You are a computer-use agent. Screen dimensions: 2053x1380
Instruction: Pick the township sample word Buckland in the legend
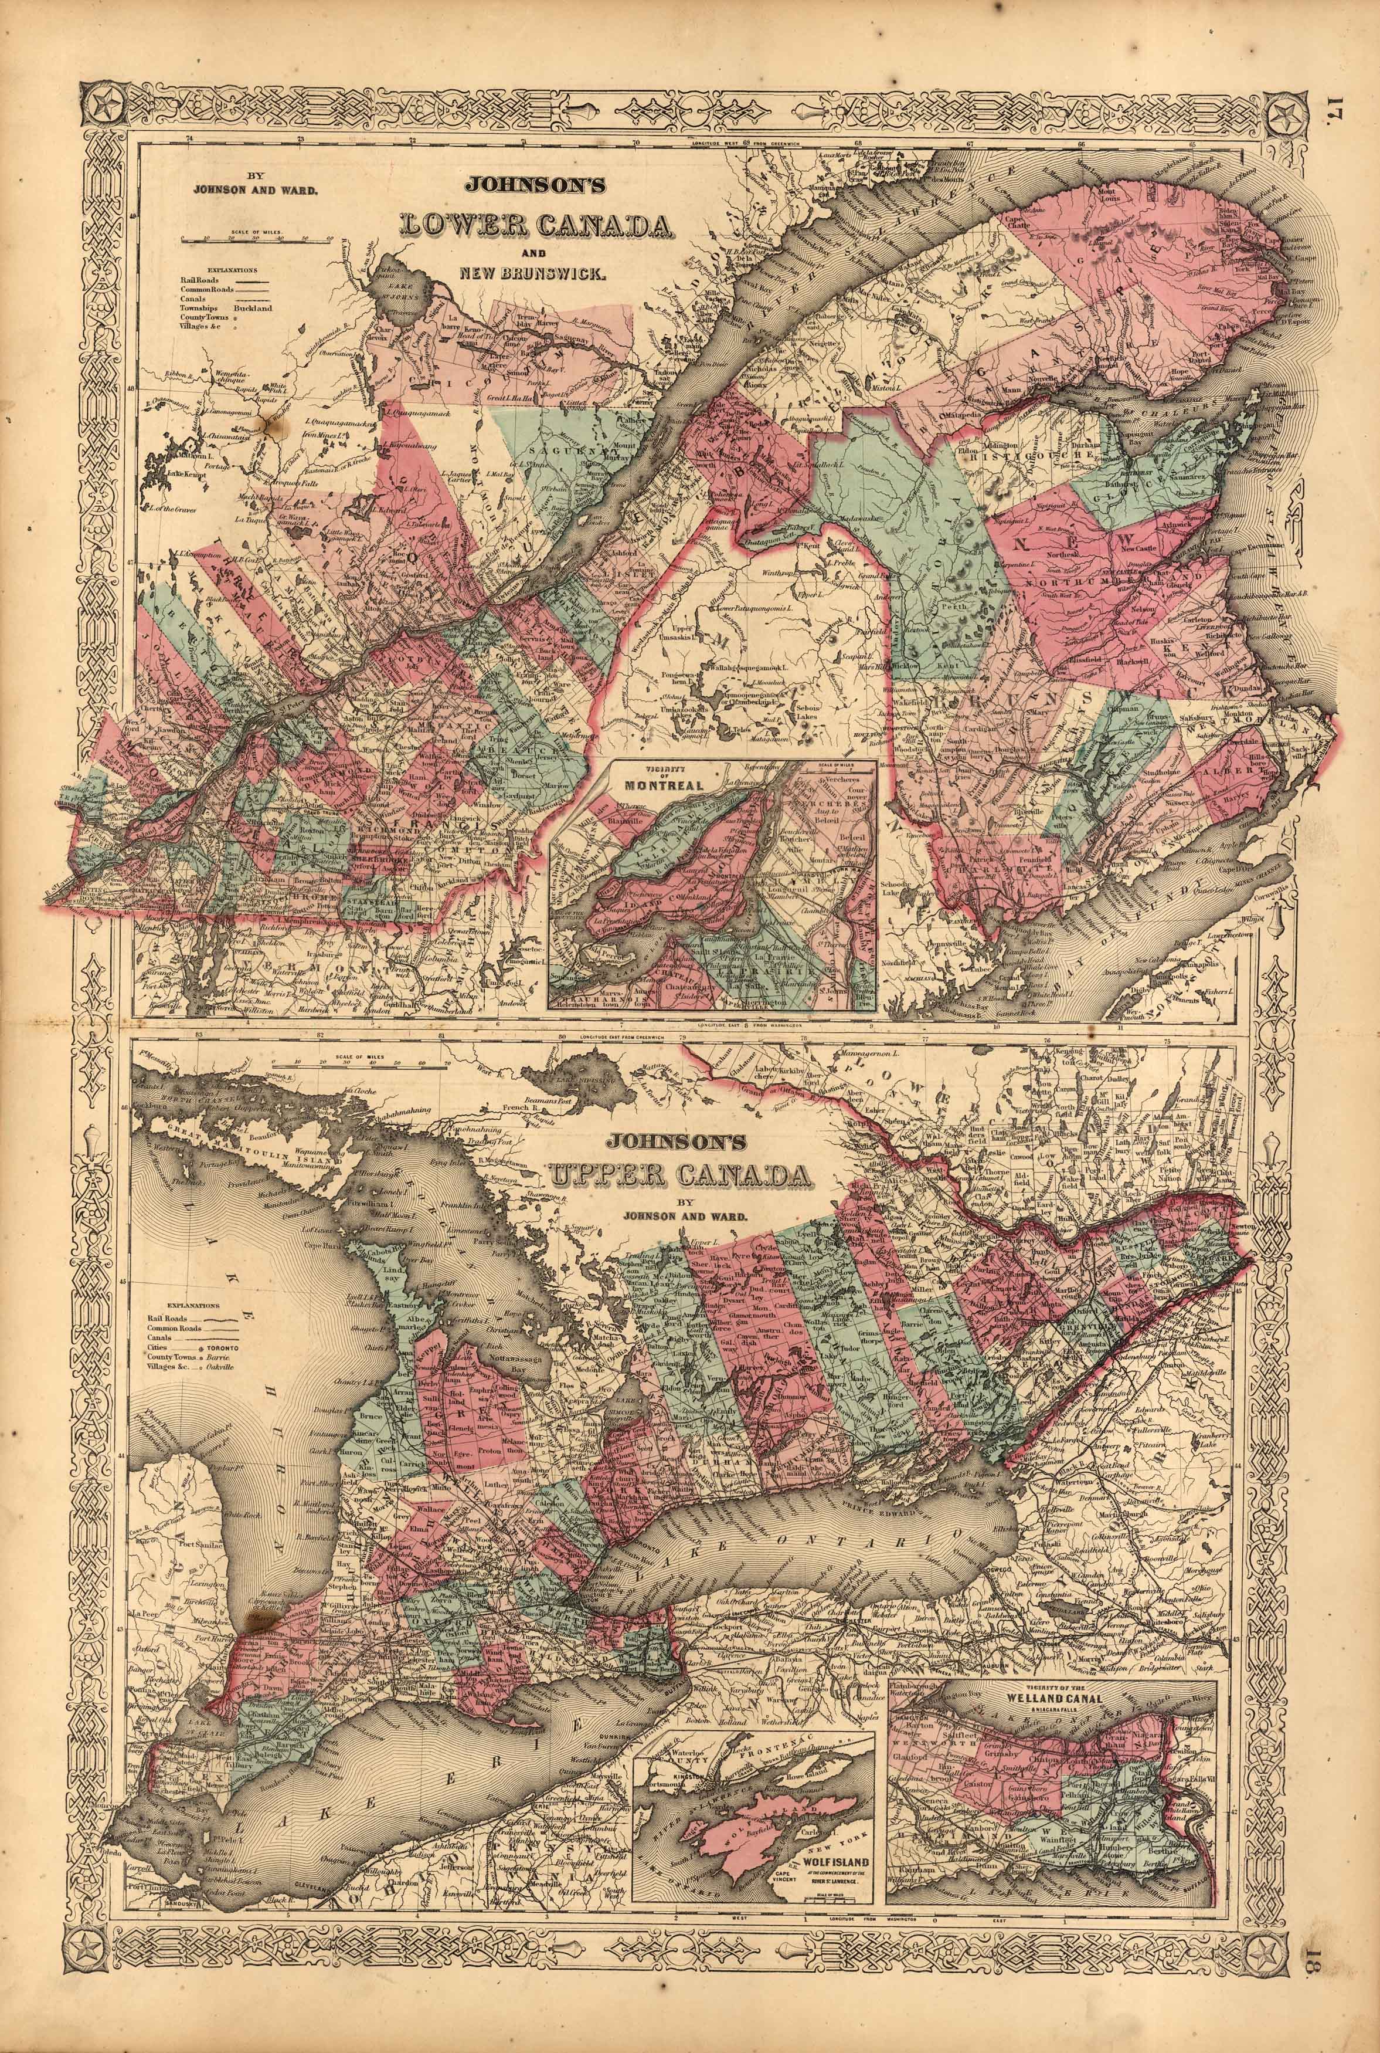[x=253, y=309]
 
